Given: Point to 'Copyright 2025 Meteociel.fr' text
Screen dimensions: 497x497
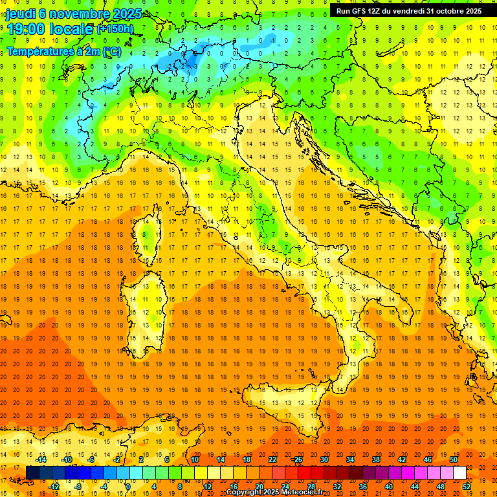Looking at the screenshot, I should [274, 492].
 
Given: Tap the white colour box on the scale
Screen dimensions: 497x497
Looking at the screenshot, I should [459, 472].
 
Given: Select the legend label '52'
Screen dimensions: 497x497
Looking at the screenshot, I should [467, 487].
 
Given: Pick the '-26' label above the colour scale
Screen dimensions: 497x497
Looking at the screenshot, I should [298, 459].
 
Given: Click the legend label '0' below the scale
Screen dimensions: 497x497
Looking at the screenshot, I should [128, 487].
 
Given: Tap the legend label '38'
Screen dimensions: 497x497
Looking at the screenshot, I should [375, 459].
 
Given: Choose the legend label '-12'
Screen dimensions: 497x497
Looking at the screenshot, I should [54, 487].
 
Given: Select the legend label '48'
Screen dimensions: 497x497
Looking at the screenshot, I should [440, 487].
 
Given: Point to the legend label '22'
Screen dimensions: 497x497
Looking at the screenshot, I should [272, 459].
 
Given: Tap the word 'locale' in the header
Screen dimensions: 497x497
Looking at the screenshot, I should [73, 29].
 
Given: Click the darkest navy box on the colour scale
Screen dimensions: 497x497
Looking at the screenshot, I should [32, 472].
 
